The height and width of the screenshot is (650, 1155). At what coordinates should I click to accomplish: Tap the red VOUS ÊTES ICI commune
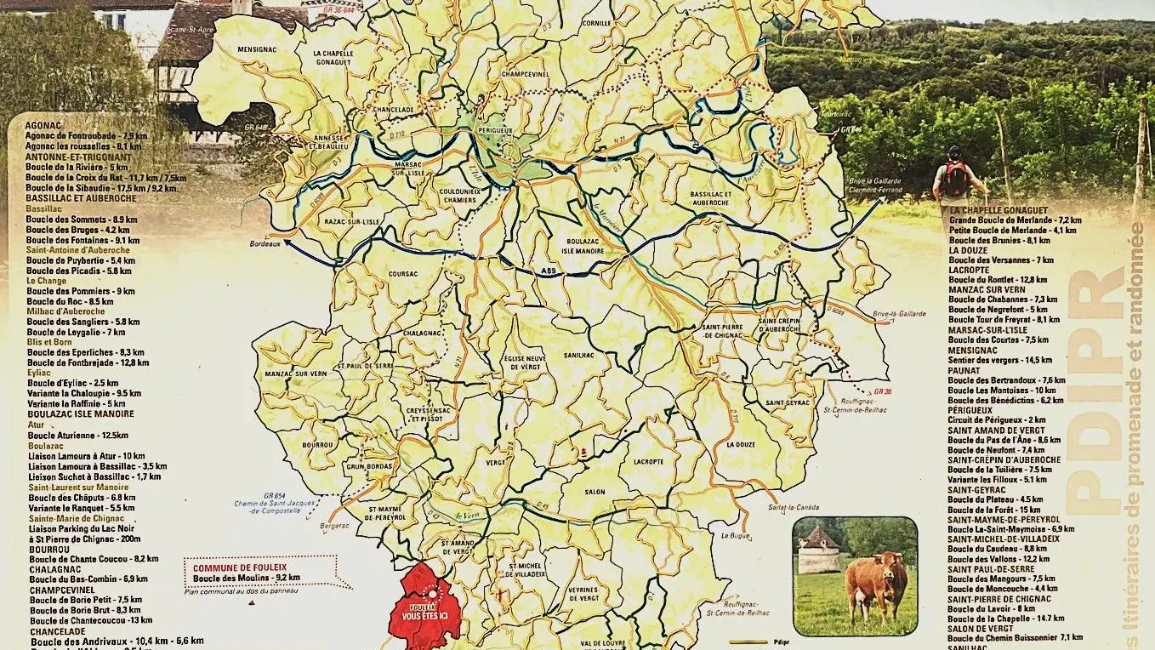click(424, 606)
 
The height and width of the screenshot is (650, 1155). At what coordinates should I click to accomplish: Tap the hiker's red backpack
click(955, 179)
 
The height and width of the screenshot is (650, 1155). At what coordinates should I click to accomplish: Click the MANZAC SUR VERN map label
click(295, 373)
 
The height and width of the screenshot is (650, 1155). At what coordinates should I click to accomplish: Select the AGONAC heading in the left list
click(43, 125)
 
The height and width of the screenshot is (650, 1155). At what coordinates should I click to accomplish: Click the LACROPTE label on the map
click(648, 461)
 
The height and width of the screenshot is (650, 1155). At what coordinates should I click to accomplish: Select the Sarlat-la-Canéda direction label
click(785, 507)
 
